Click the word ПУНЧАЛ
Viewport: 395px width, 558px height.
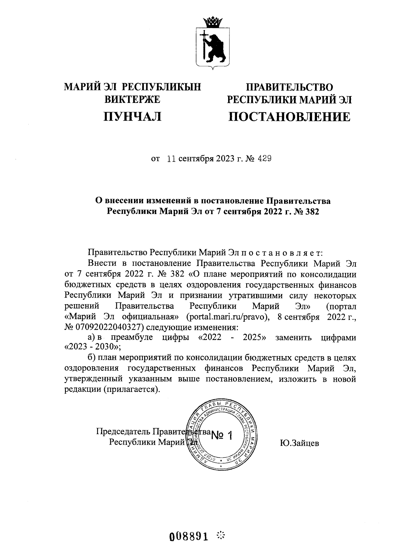(133, 116)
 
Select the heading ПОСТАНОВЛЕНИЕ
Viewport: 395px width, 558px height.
(289, 117)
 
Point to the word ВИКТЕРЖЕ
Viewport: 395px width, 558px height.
(132, 99)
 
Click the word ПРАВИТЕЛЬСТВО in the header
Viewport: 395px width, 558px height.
(290, 87)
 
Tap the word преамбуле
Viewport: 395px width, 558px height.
(132, 338)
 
